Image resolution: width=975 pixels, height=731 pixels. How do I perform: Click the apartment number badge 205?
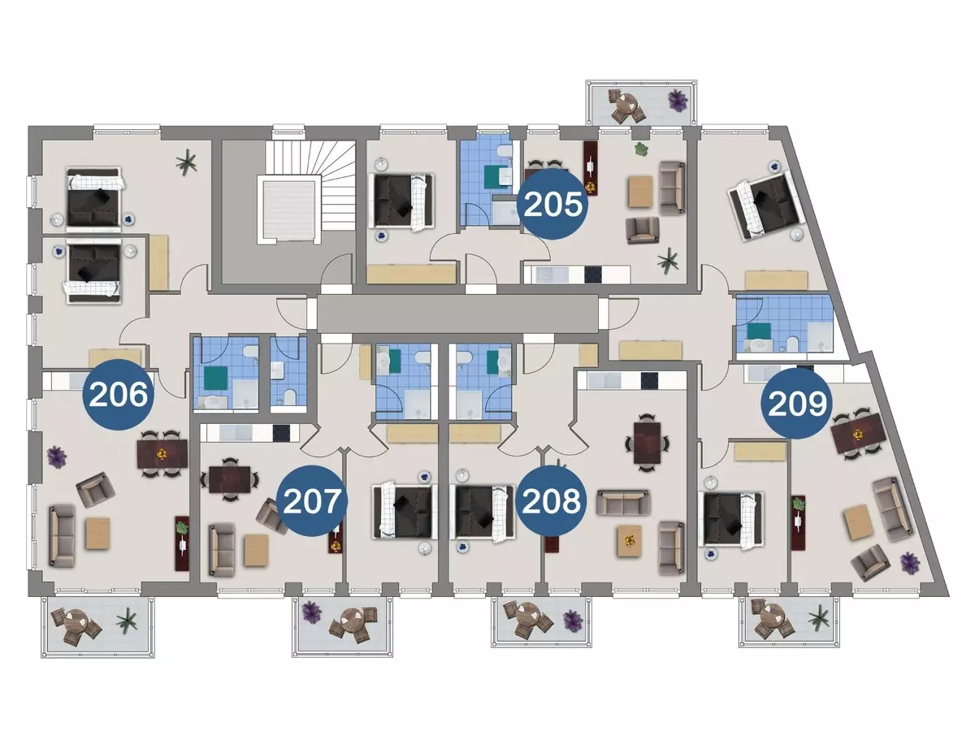tap(552, 204)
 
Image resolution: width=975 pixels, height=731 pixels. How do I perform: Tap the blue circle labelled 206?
tap(119, 394)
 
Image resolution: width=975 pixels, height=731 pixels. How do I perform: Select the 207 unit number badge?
tap(312, 500)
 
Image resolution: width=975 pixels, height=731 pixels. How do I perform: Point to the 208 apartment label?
tap(552, 500)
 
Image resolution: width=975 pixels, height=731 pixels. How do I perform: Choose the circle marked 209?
tap(797, 403)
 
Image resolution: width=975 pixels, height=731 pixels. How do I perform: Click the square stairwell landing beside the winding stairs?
tap(289, 209)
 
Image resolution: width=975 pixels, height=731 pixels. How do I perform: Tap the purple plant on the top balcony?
tap(678, 100)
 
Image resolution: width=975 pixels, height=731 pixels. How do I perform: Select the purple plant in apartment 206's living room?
tap(56, 456)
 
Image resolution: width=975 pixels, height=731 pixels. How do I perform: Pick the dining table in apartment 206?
tap(162, 453)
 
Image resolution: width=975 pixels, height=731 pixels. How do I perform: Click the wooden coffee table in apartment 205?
tap(640, 192)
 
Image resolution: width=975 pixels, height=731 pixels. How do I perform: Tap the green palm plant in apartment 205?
tap(668, 261)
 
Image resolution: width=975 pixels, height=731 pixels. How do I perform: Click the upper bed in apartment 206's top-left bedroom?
tap(93, 199)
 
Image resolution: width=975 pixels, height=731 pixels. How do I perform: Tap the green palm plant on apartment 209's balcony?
tap(819, 618)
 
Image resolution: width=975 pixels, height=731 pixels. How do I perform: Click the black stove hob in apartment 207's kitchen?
tap(281, 433)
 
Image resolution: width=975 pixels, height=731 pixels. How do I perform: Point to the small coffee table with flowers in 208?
tap(630, 541)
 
